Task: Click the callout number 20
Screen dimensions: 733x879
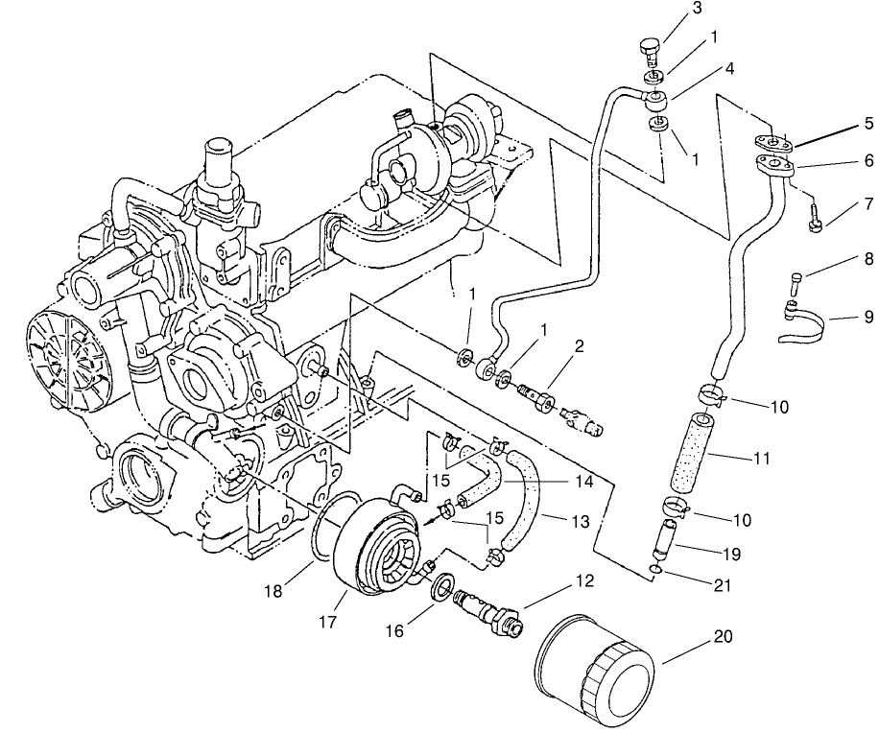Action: [x=720, y=636]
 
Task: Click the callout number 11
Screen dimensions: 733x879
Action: [x=761, y=459]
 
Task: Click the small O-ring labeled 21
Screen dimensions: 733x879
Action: [x=655, y=571]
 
